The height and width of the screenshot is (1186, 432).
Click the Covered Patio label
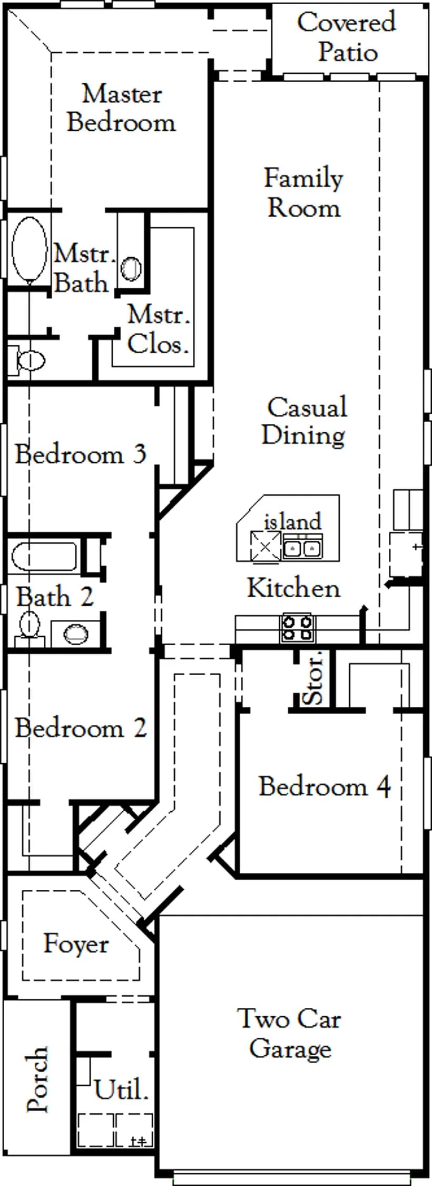pos(347,37)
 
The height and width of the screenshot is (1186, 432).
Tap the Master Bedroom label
pos(121,108)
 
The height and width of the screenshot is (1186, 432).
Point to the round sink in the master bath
pos(131,268)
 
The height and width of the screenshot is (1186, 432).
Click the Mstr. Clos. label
pos(158,329)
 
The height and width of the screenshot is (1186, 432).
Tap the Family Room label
pos(303,193)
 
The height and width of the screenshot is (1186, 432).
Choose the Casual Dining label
pos(305,421)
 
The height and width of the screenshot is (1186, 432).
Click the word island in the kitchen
pos(292,521)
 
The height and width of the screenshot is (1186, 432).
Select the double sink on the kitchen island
pos(302,548)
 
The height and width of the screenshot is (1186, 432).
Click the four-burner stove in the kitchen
pos(298,628)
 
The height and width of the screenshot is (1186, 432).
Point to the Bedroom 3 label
pos(80,454)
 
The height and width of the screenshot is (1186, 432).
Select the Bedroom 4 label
pos(325,786)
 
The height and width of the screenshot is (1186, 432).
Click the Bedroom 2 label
pos(81,728)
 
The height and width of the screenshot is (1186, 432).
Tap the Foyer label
pos(76,943)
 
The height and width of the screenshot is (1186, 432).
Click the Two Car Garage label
pos(290,1034)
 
